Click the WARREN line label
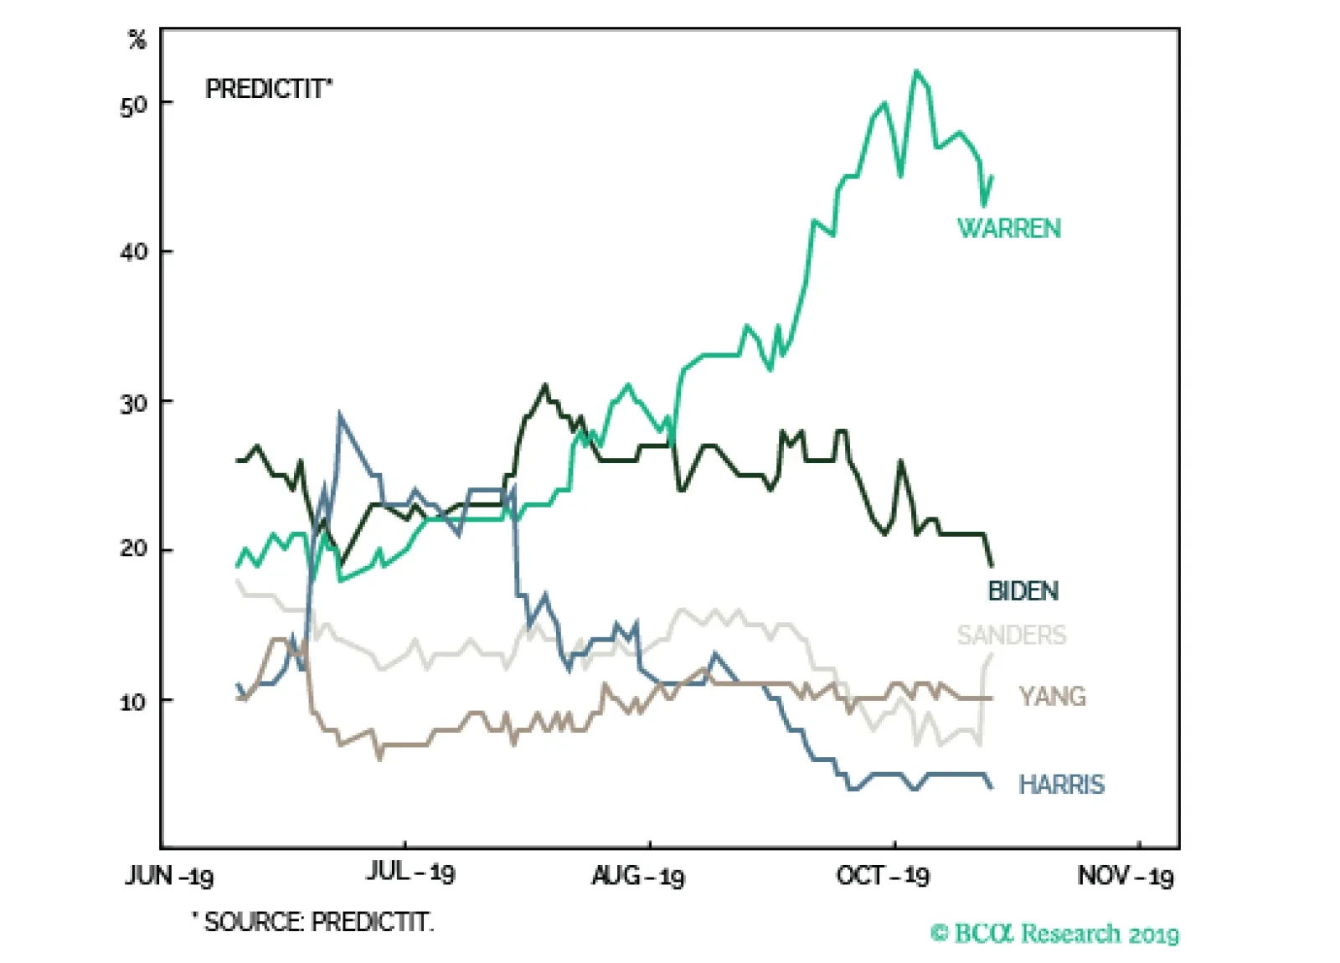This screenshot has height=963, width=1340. pos(1008,228)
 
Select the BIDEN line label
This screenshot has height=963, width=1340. pos(1023,591)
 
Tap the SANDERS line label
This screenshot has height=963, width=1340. pos(1012,635)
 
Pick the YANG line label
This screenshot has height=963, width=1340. pos(1052,696)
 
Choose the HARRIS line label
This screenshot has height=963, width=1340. pos(1061,785)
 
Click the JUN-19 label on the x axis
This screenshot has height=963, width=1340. pos(169,876)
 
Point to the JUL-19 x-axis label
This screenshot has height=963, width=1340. pos(410,873)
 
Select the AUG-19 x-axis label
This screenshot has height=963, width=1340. pos(637,876)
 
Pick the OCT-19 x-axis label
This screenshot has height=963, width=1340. pos(883,876)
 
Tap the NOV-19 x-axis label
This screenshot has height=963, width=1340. pos(1125,876)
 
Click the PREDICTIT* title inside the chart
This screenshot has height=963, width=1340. pos(269,89)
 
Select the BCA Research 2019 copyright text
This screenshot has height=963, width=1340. pos(1054,933)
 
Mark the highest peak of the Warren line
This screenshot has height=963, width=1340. pos(915,71)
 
